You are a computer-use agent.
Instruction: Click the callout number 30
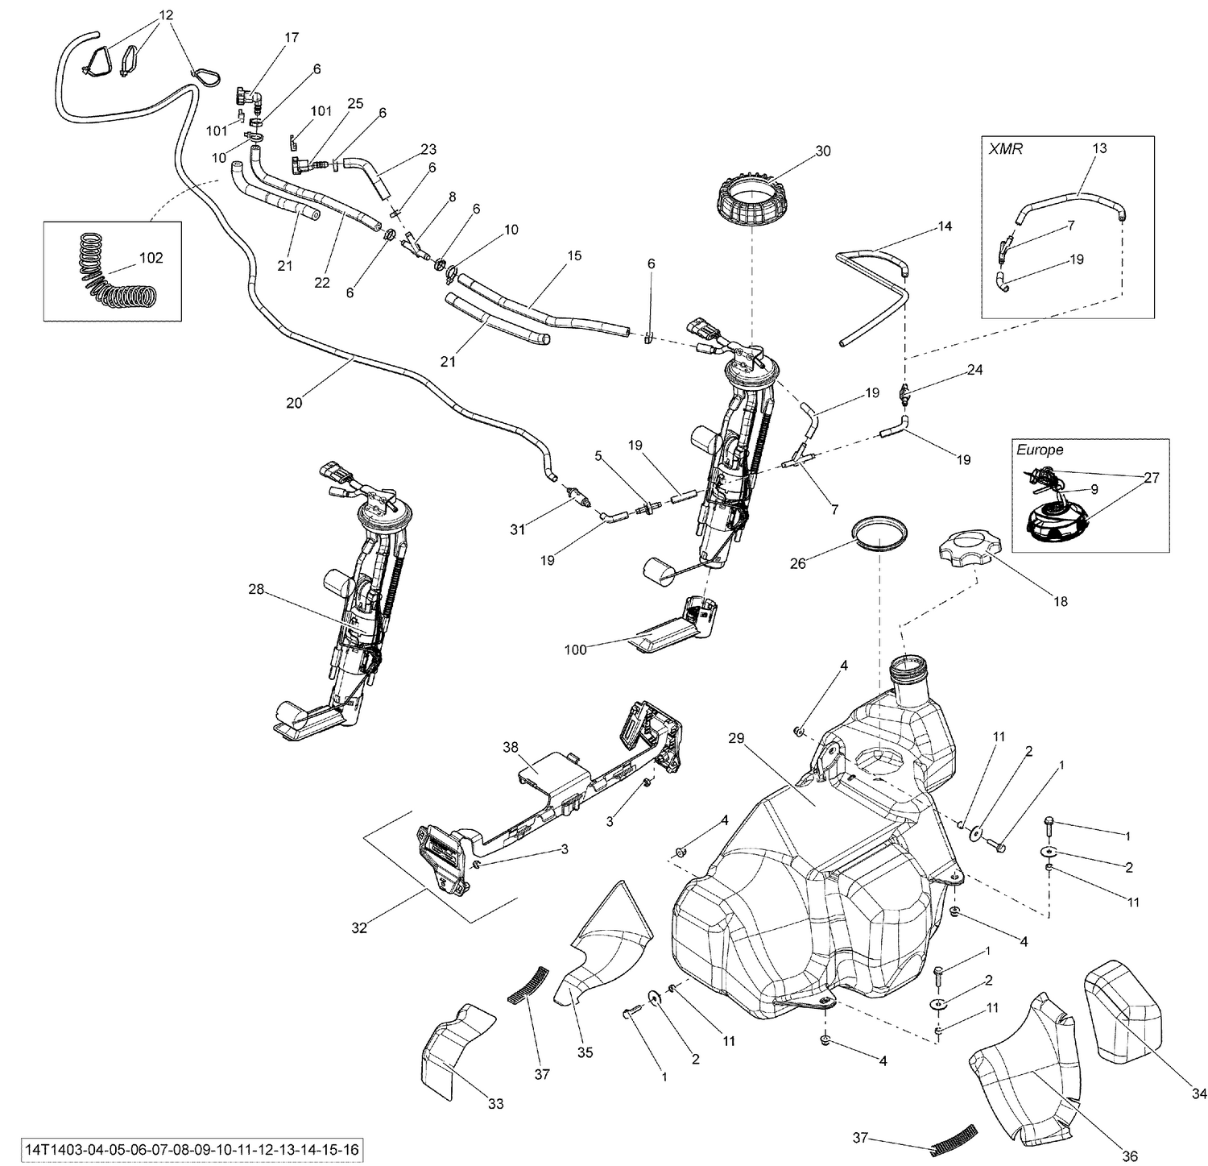pos(822,151)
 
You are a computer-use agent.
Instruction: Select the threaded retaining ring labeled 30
pos(751,201)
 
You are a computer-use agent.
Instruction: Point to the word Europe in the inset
pos(1040,450)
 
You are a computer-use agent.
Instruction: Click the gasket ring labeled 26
pos(879,534)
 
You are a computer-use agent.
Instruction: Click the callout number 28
pos(256,590)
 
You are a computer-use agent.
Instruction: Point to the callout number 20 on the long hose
pos(294,403)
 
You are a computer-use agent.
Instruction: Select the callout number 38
pos(511,747)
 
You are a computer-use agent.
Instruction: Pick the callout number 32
pos(359,927)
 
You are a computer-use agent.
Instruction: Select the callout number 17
pos(292,37)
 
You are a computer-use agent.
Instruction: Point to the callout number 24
pos(975,370)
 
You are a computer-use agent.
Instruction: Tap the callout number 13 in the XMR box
pos(1099,147)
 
